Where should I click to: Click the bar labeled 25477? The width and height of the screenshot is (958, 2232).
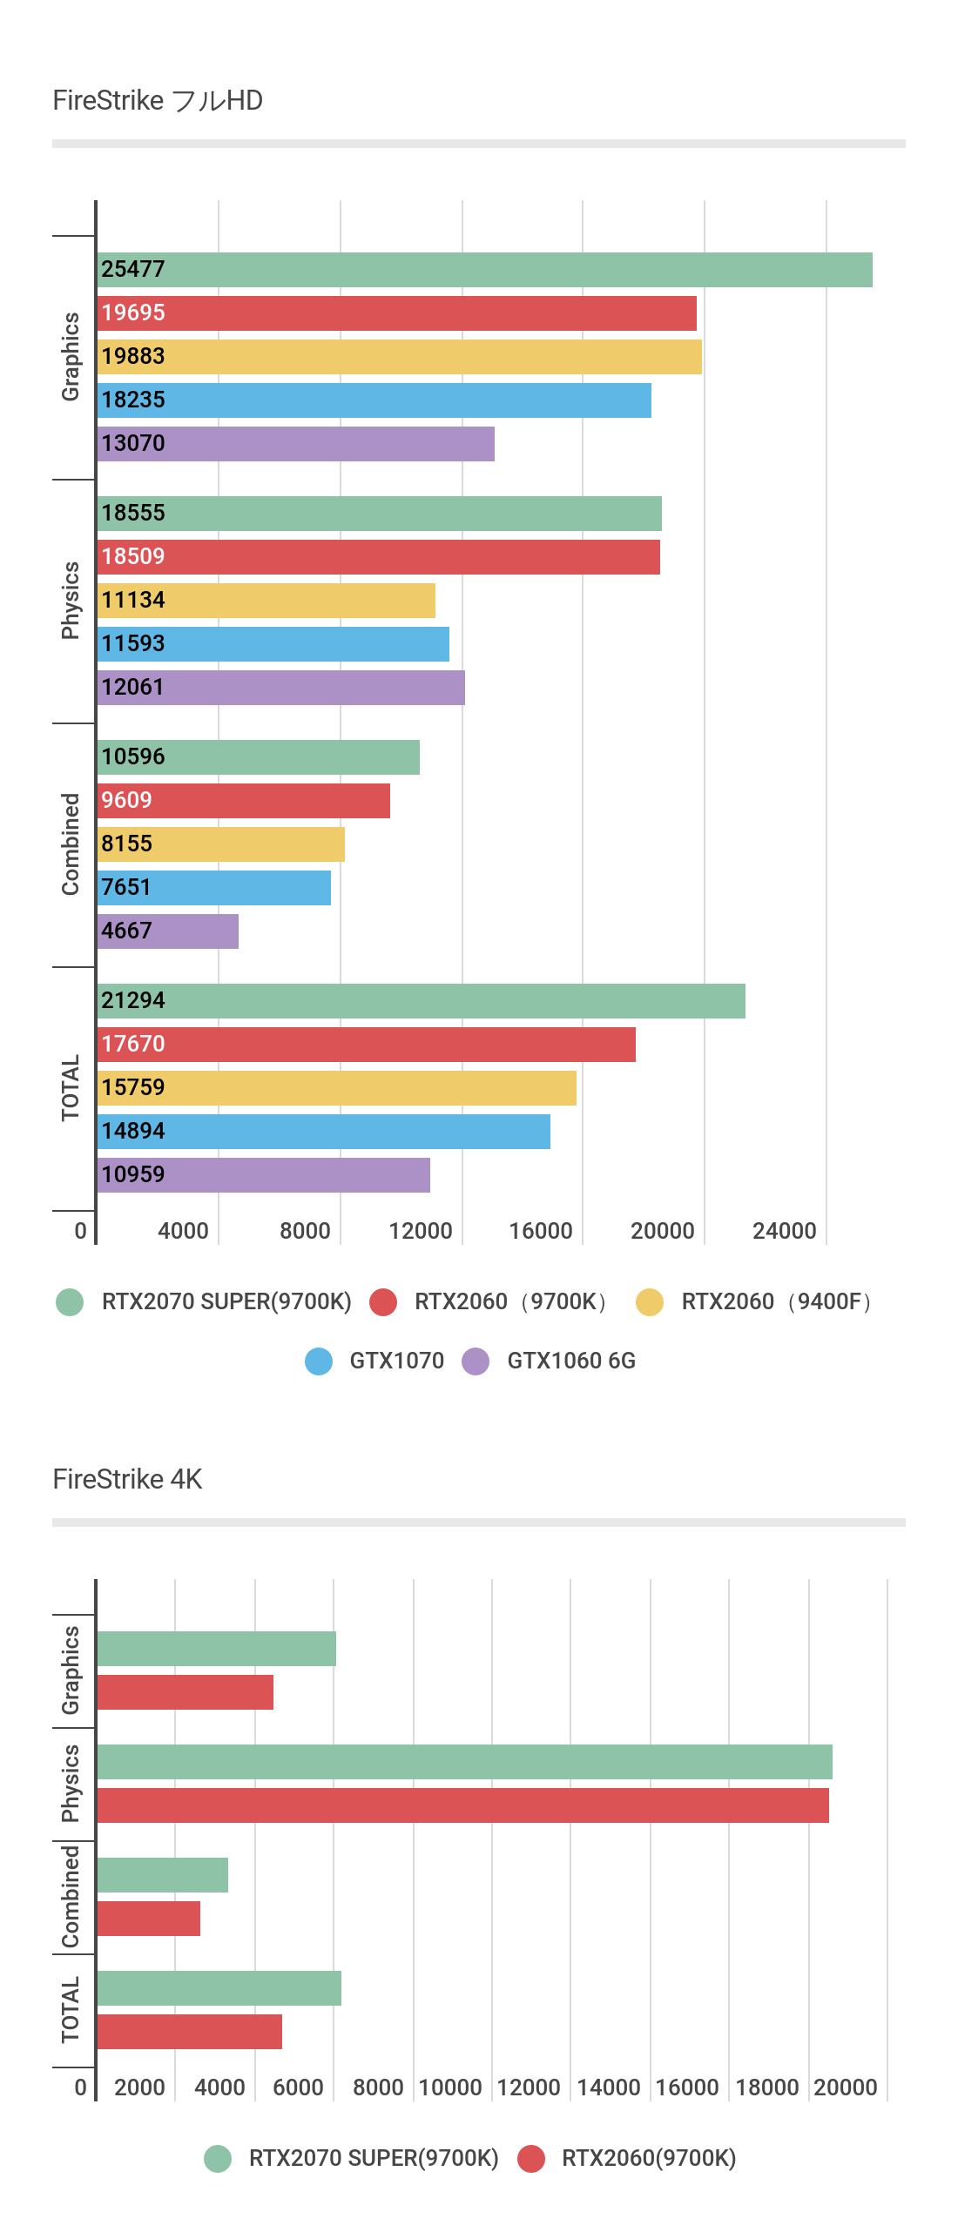click(484, 270)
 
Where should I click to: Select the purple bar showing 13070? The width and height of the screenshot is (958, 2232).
click(296, 444)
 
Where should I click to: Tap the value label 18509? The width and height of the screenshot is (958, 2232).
click(133, 556)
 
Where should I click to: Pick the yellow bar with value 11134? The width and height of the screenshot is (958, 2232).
click(266, 601)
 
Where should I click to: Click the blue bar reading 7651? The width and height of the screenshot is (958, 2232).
click(214, 888)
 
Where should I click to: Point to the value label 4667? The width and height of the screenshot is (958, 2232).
click(126, 931)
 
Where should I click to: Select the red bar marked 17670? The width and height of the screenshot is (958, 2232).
click(366, 1045)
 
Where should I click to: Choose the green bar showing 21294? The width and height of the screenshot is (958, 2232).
click(422, 1001)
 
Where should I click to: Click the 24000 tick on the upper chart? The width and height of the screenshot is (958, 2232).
click(784, 1231)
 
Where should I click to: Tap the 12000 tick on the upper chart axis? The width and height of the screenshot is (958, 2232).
click(420, 1231)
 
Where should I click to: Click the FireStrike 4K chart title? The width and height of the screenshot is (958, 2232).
click(127, 1479)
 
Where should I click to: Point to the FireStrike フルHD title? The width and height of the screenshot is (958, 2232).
click(158, 101)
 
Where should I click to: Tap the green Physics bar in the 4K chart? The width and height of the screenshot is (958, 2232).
click(464, 1762)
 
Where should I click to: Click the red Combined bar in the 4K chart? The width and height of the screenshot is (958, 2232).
click(149, 1919)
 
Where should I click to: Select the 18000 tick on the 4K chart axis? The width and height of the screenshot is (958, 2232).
click(766, 2087)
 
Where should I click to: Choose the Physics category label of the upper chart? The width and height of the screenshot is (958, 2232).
click(71, 601)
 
